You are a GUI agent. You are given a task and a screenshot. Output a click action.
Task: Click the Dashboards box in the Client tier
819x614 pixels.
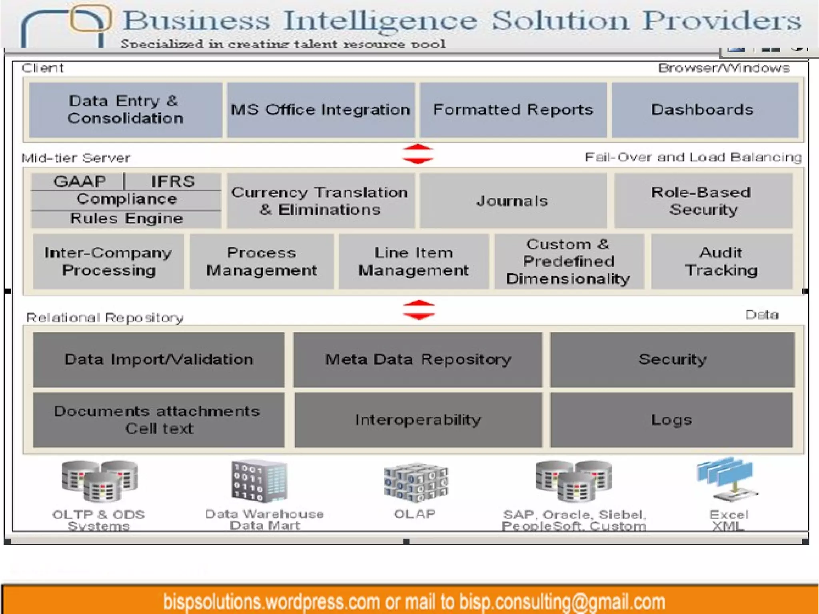pos(705,110)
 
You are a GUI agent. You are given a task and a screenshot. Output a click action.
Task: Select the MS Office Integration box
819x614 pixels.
pos(321,110)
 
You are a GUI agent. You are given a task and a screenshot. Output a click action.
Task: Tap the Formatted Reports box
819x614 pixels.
pos(513,110)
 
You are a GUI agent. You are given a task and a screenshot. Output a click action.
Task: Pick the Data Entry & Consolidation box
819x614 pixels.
pos(126,110)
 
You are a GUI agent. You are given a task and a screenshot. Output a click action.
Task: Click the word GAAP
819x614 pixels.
pos(79,181)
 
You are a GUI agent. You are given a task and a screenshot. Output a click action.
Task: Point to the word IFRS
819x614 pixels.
pos(173,181)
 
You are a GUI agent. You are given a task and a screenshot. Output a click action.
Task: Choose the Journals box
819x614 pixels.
pos(513,201)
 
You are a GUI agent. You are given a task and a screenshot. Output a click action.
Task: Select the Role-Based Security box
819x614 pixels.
pos(703,201)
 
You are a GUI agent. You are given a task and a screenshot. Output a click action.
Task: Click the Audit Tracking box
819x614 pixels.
pos(721,261)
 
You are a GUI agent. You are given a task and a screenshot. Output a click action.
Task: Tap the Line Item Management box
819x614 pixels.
pos(413,261)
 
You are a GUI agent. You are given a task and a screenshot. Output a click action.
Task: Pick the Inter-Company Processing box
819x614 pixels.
pos(108,261)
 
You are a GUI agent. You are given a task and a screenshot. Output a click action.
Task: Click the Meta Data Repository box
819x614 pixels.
pos(418,359)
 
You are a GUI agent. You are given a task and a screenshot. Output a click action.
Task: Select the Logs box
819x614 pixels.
pos(671,420)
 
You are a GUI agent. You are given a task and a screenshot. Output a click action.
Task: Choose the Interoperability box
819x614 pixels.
pos(418,420)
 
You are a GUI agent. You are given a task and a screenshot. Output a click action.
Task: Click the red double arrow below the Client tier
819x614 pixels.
pos(418,154)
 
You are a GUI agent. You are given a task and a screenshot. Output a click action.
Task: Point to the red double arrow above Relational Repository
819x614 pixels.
pos(419,310)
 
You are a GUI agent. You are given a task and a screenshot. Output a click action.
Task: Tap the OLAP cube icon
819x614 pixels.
pos(416,482)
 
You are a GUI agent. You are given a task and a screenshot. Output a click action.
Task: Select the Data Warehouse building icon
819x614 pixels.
pos(259,481)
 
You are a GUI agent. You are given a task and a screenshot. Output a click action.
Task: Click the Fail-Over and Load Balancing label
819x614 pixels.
pos(693,157)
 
